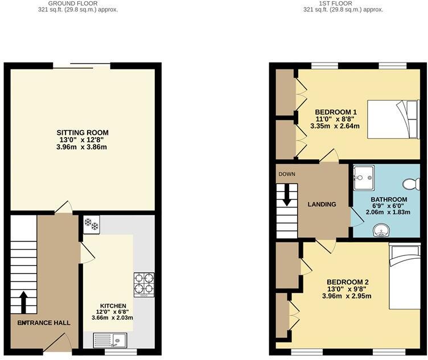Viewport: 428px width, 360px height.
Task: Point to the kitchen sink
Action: coord(112,341)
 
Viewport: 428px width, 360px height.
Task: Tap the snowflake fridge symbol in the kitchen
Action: coord(90,224)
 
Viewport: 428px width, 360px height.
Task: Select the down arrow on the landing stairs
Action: coord(287,196)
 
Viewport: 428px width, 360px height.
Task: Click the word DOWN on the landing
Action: coord(287,174)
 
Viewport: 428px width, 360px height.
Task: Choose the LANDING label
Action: coord(322,204)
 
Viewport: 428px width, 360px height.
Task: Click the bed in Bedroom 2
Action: coord(404,275)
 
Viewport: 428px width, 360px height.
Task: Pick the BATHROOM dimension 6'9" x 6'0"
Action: coord(389,206)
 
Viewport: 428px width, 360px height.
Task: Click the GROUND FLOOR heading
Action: coord(81,3)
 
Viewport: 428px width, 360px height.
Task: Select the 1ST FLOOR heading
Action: coord(343,3)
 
